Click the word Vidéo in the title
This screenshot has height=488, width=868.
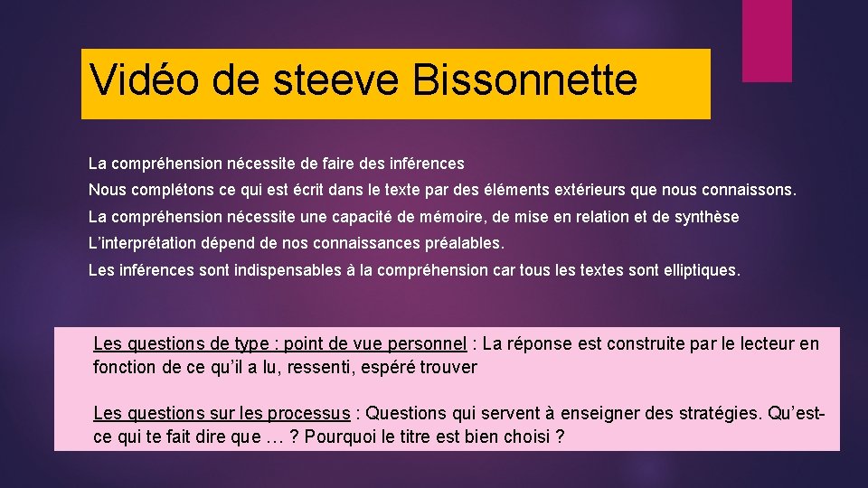tap(145, 80)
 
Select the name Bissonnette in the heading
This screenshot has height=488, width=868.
tap(525, 80)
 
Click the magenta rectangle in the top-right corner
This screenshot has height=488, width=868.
tap(767, 41)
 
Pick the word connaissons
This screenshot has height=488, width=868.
tap(749, 191)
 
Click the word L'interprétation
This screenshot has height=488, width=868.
tap(140, 243)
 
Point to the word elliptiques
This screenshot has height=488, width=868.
tap(700, 270)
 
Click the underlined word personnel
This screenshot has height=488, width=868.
tap(427, 343)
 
